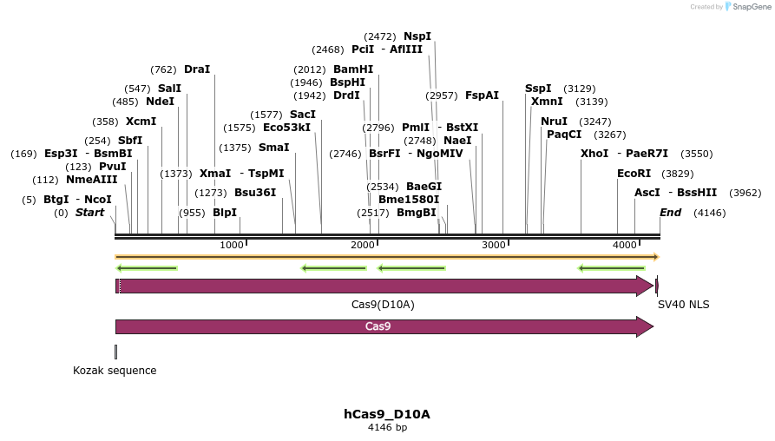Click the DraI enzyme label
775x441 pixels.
point(197,69)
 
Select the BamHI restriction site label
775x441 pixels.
point(353,69)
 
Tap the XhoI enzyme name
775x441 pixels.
point(595,154)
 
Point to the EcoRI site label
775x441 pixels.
point(634,174)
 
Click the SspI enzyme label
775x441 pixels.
point(538,89)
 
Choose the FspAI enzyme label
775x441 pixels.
point(482,95)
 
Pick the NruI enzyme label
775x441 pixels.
point(554,122)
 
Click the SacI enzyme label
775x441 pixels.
point(303,115)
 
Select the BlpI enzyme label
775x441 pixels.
point(225,213)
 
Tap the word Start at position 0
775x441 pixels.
point(89,213)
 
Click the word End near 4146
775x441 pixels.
point(670,213)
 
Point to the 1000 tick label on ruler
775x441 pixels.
point(232,246)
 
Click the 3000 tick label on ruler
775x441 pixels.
point(493,246)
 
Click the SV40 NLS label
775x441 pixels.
point(684,305)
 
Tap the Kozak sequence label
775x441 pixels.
point(115,371)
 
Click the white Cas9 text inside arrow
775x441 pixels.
point(378,327)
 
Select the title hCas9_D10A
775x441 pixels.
point(386,414)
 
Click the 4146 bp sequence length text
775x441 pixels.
point(386,428)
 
